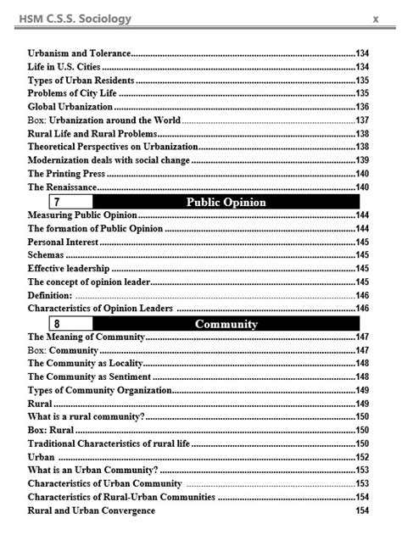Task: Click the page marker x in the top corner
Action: click(374, 18)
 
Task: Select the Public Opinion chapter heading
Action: click(226, 202)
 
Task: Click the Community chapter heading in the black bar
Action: click(226, 323)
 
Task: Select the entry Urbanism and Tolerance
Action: click(80, 53)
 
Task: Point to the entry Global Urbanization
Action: click(70, 107)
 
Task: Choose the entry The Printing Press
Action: click(65, 173)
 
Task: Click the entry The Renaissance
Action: click(63, 187)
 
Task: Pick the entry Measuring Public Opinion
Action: click(81, 215)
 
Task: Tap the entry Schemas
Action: click(46, 255)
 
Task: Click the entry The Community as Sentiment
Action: click(89, 376)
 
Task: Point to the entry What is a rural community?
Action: click(86, 416)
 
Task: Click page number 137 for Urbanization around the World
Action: click(362, 120)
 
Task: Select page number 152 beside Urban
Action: click(362, 456)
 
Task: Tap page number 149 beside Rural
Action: click(362, 403)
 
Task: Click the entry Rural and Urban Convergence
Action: click(91, 510)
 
